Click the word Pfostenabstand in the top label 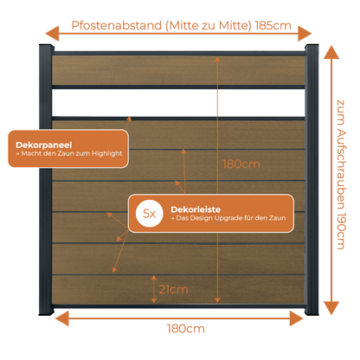click(x=117, y=26)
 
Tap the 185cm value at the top click(x=273, y=26)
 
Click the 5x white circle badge click(x=150, y=214)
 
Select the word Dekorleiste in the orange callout click(x=196, y=209)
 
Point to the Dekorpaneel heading click(x=44, y=145)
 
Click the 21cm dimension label click(x=173, y=290)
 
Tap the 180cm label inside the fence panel click(x=241, y=164)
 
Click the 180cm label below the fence click(x=186, y=329)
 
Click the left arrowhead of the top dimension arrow click(x=52, y=34)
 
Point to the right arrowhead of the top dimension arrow click(x=305, y=34)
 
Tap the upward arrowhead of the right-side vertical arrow click(x=331, y=53)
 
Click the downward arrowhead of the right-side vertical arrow click(x=331, y=308)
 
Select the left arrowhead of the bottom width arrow click(x=62, y=318)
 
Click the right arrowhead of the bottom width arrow click(x=297, y=318)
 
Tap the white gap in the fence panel click(x=178, y=103)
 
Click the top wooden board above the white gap click(x=178, y=70)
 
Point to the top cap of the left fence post click(x=46, y=47)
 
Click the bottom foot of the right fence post click(x=312, y=312)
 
